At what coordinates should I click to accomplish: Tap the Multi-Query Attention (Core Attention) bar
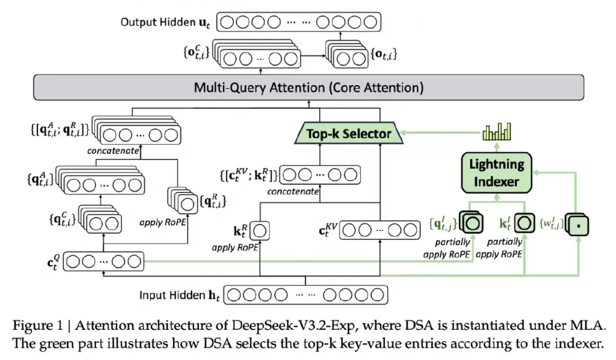[309, 87]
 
